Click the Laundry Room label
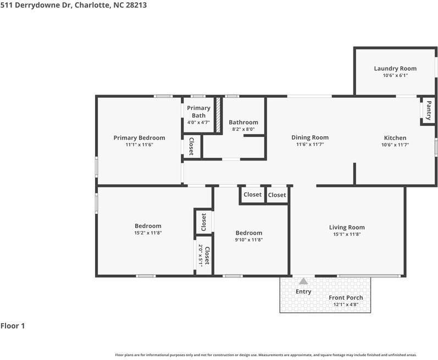[395, 68]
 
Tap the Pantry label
[429, 110]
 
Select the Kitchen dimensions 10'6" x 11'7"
[395, 145]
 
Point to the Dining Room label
[310, 137]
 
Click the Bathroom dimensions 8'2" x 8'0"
[243, 129]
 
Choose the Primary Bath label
[198, 112]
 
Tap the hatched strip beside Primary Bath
[218, 115]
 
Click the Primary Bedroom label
[139, 138]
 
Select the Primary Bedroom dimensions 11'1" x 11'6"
[139, 145]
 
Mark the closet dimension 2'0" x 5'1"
[200, 256]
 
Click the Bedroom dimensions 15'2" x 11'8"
[148, 233]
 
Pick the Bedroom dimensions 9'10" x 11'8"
[248, 240]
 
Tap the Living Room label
[347, 228]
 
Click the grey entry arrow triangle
[303, 281]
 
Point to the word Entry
[303, 292]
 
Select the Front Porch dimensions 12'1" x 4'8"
[346, 304]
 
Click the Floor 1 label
[13, 325]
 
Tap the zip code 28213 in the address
[136, 5]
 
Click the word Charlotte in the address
[92, 5]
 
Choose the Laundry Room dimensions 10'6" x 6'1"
[395, 75]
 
